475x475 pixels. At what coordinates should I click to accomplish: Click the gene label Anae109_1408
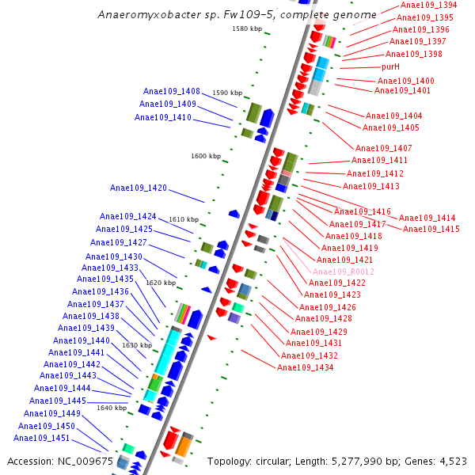[172, 91]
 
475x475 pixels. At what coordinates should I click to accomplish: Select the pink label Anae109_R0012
[346, 272]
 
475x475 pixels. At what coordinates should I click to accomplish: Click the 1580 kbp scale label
[246, 28]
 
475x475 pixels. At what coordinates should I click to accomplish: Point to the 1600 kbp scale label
[206, 156]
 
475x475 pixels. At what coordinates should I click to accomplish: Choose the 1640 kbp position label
[111, 408]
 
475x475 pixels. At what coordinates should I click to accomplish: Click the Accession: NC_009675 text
[60, 461]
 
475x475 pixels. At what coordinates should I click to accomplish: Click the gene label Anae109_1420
[139, 188]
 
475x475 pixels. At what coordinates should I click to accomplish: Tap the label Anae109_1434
[306, 367]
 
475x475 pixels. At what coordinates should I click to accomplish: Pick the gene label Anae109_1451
[42, 438]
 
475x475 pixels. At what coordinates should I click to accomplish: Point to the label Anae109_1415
[431, 229]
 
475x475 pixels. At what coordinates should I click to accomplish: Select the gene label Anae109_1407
[384, 148]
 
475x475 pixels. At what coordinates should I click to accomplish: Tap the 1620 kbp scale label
[161, 283]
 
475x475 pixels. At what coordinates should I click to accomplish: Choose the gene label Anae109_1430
[114, 256]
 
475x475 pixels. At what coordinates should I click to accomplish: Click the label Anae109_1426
[328, 307]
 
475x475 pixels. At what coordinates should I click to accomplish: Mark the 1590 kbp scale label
[227, 93]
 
